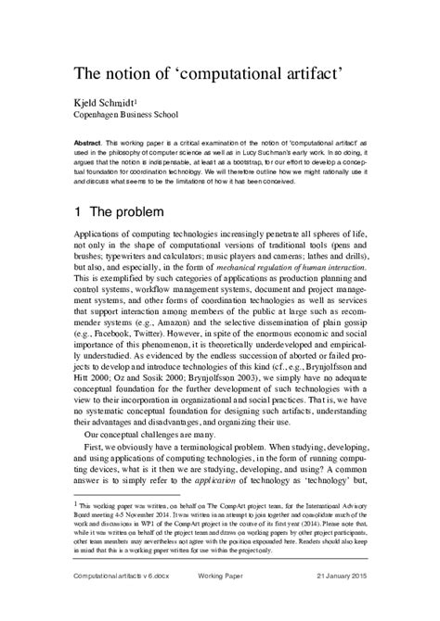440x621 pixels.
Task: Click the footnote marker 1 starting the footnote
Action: click(x=75, y=502)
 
